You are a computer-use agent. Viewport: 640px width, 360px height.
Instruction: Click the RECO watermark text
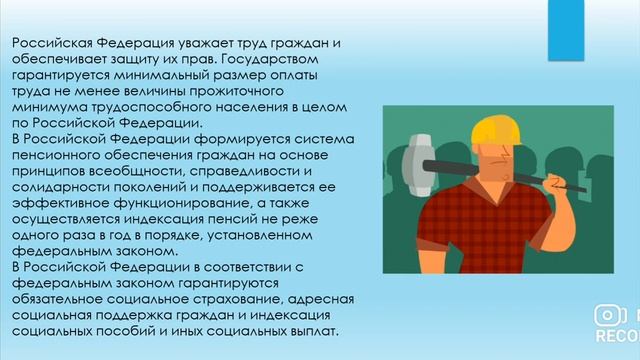616,336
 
